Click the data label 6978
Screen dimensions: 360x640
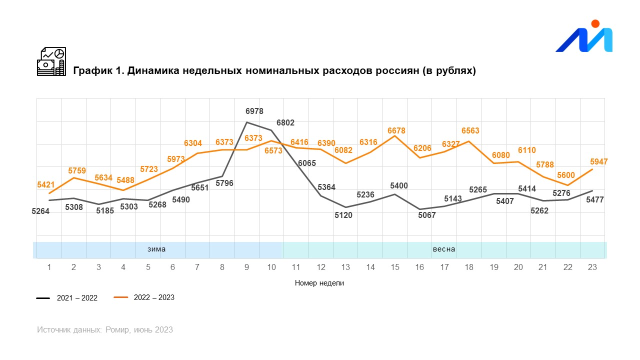[x=254, y=111]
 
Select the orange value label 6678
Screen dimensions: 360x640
[x=396, y=130]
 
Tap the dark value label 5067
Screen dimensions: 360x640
[x=427, y=215]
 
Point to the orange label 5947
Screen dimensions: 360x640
[x=598, y=161]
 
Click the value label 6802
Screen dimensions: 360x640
[x=285, y=122]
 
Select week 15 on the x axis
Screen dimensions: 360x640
[x=395, y=267]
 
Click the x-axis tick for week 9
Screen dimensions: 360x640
[x=247, y=267]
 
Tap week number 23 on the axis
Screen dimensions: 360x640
[x=592, y=267]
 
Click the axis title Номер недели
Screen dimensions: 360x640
[x=319, y=283]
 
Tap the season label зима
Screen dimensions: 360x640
[x=156, y=249]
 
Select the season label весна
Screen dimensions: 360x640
[x=444, y=249]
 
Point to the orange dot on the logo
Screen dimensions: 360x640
[x=595, y=23]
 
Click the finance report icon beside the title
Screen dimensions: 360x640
[x=51, y=61]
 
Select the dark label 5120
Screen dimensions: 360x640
[x=343, y=215]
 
